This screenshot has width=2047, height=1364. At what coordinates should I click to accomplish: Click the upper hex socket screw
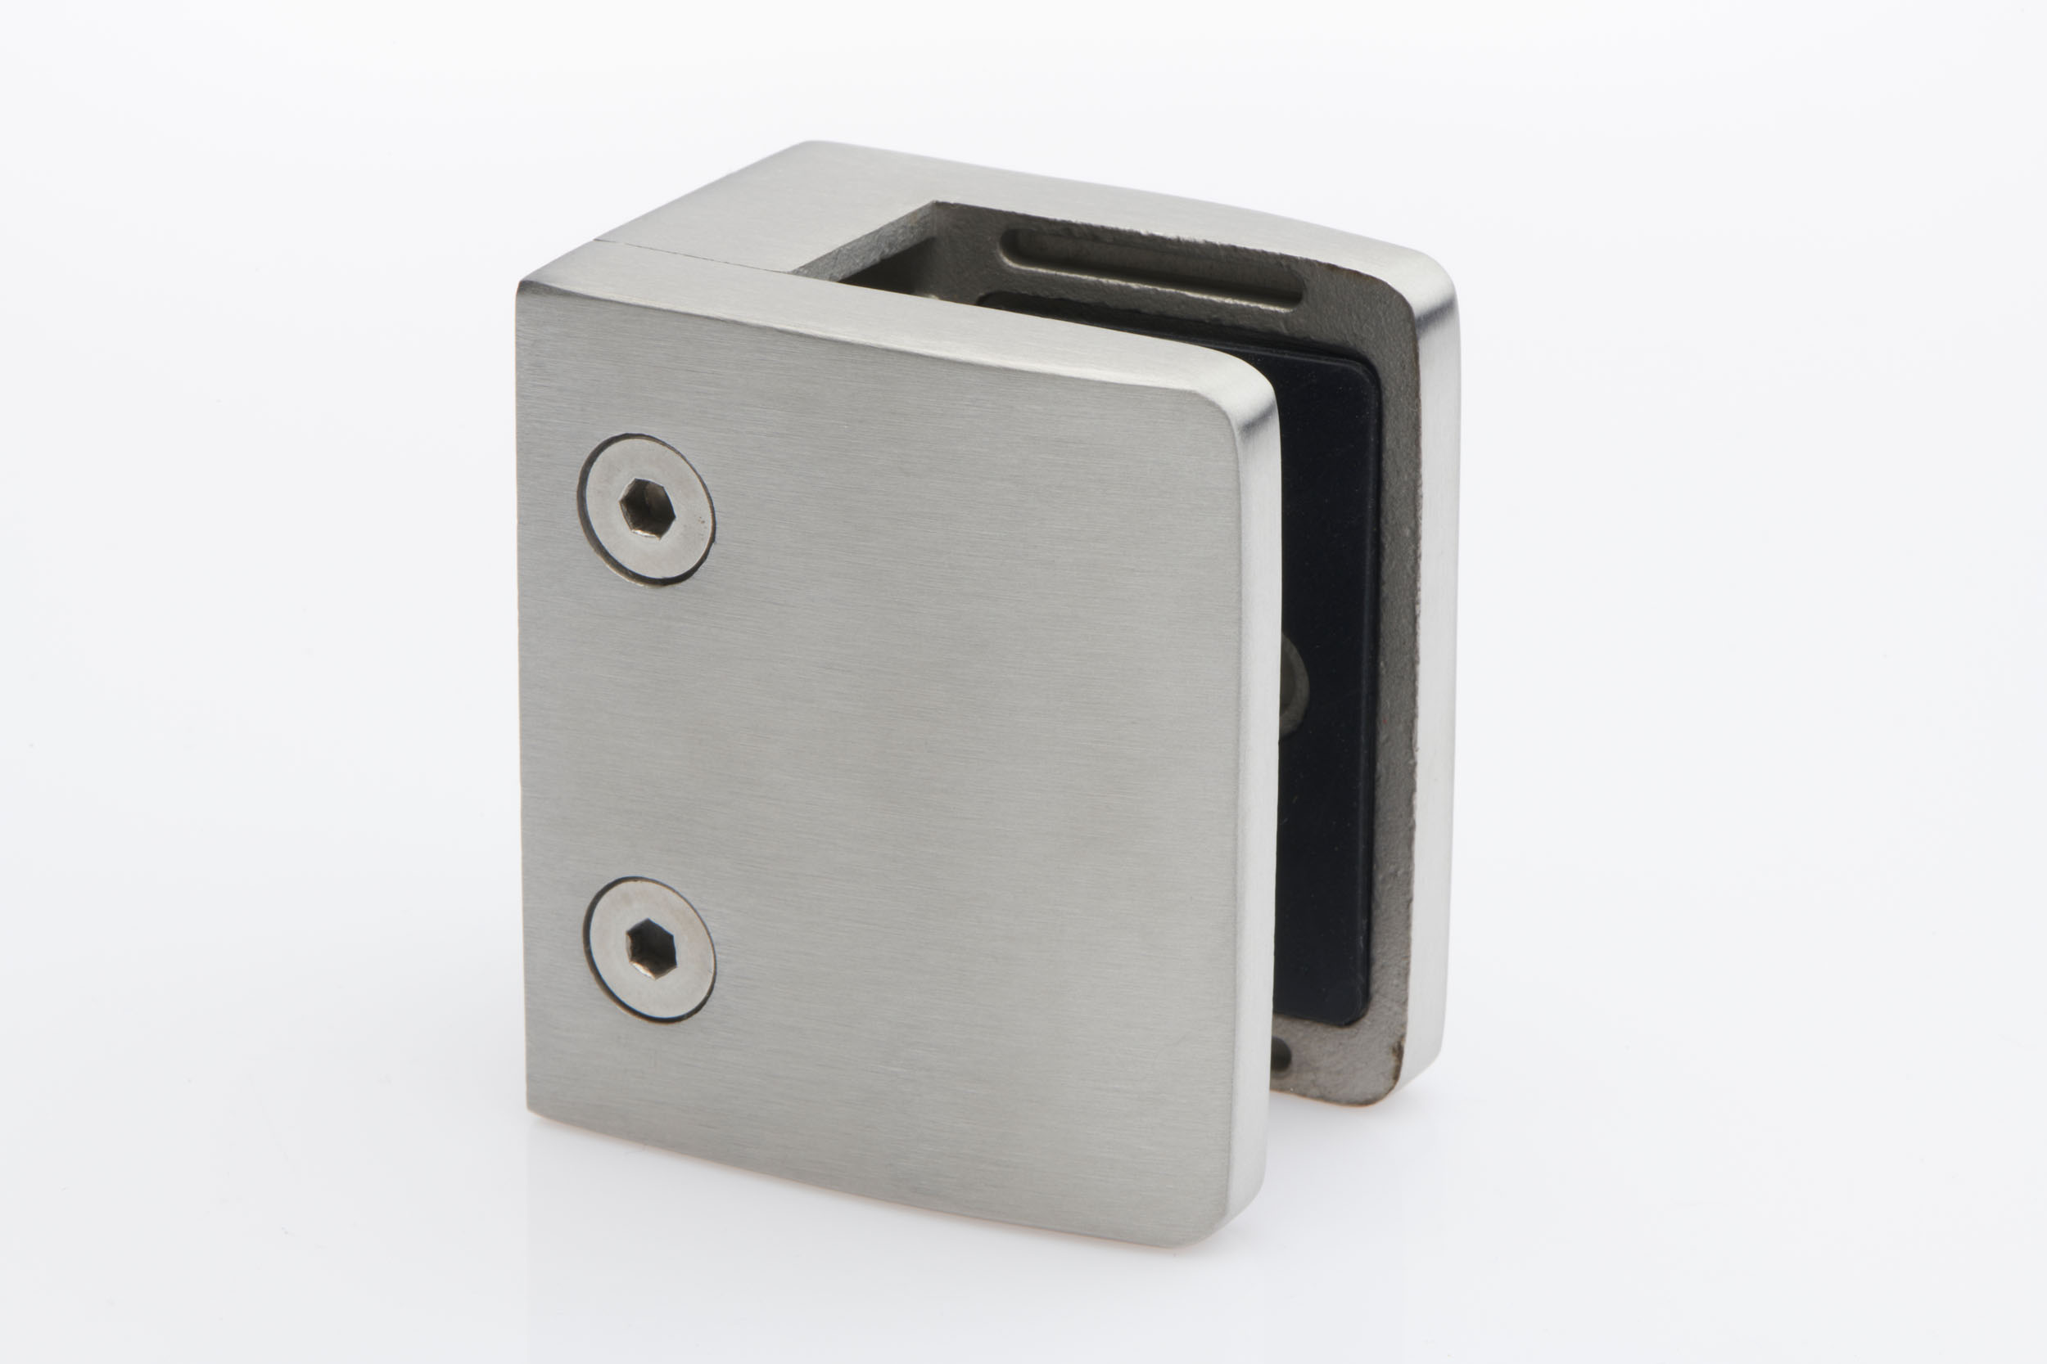tap(646, 509)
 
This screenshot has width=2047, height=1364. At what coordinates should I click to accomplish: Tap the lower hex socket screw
tap(650, 949)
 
